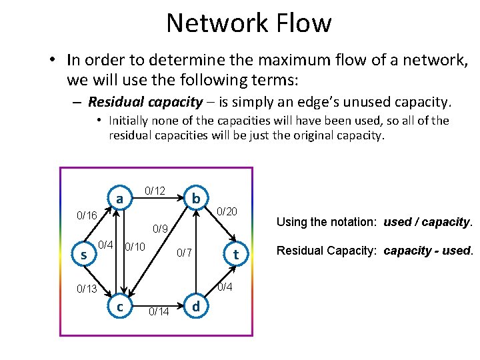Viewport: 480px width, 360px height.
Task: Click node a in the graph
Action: point(119,199)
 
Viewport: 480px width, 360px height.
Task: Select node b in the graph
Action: point(195,199)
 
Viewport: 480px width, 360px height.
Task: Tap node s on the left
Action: point(83,255)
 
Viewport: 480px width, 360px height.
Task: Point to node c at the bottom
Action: point(119,307)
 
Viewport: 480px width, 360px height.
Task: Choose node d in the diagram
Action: point(195,307)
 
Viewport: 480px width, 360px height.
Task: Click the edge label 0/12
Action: point(155,191)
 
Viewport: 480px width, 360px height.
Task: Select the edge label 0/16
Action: point(87,215)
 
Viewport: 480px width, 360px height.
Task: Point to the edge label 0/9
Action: point(160,229)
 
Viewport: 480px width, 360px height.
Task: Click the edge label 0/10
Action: point(136,247)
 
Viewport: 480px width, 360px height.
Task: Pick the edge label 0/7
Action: point(184,253)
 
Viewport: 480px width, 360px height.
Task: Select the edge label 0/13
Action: point(87,289)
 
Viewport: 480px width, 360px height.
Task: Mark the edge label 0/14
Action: point(159,311)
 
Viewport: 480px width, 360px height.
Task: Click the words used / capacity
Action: point(427,221)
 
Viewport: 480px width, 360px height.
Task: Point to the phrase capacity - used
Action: point(429,251)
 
